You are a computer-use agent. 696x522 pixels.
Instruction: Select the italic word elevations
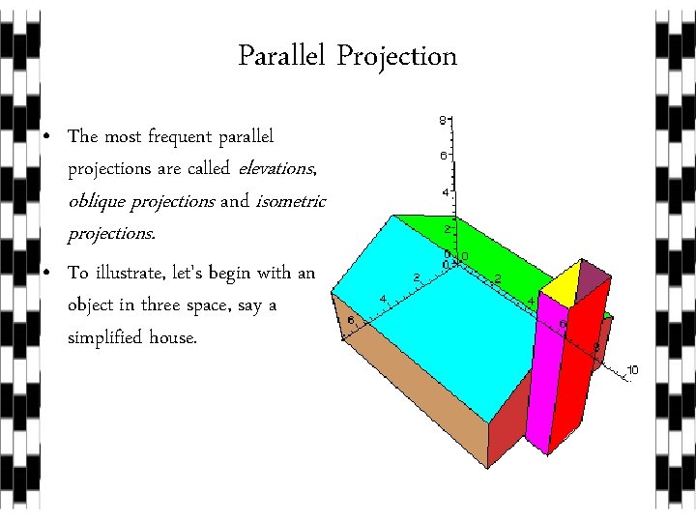275,169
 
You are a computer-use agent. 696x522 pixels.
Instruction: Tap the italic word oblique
101,201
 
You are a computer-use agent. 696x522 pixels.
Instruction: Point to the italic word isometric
292,201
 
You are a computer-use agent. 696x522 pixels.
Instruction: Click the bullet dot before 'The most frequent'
47,137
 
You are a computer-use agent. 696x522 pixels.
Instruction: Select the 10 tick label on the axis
633,370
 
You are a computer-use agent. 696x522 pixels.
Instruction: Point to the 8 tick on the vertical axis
443,121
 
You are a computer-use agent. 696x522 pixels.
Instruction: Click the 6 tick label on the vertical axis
443,155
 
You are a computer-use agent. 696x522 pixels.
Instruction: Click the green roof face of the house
483,251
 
